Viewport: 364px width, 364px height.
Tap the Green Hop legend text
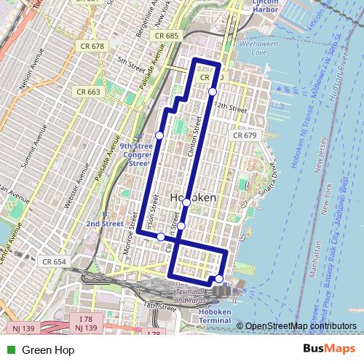(47, 350)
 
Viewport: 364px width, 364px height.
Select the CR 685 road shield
(167, 35)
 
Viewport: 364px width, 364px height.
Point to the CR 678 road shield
(89, 46)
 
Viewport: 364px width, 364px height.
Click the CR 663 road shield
(88, 92)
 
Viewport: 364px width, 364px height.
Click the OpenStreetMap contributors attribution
(300, 326)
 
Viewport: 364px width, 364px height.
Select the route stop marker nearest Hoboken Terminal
(219, 279)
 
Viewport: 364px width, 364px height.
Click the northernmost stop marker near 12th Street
(212, 91)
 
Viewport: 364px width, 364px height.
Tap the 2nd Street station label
(105, 224)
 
